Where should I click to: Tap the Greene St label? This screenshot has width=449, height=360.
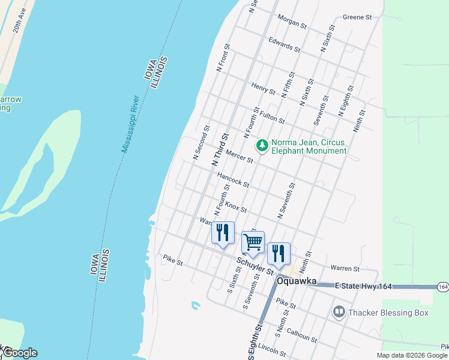358,17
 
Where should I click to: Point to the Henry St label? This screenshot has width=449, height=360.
264,89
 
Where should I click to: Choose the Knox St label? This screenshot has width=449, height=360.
236,207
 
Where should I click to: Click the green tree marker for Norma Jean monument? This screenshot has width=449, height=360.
262,145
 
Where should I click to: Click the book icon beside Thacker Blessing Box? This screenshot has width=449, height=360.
339,312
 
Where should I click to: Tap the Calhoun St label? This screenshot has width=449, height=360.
301,335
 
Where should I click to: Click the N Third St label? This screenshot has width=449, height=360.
220,150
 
